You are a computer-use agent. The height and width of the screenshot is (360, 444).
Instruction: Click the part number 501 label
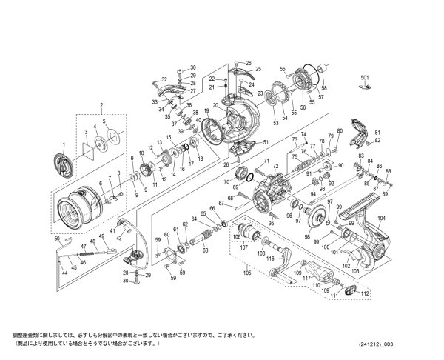(x=363, y=77)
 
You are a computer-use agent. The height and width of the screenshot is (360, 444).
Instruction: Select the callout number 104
(x=381, y=218)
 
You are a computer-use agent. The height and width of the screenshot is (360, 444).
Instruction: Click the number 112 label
(x=366, y=293)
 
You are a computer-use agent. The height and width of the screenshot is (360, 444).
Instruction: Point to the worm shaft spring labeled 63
(x=201, y=239)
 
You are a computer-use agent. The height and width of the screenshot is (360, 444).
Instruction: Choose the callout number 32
(x=164, y=79)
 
